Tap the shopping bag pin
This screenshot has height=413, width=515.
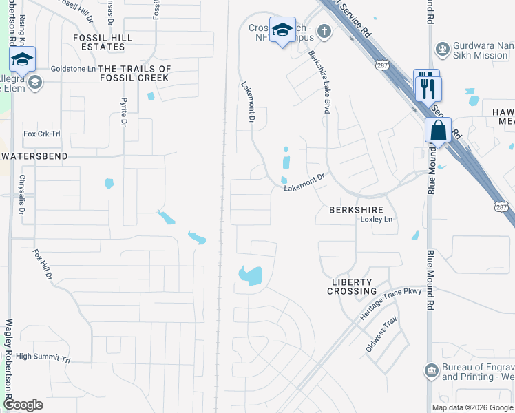438,129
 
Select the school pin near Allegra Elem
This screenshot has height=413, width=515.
22,60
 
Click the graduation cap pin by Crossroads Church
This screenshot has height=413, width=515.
282,30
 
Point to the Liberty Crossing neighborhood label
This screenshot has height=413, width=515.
352,286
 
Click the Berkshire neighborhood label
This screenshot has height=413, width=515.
355,209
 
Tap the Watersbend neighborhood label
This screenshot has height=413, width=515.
34,156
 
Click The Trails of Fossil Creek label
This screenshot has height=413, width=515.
134,74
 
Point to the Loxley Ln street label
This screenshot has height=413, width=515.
377,220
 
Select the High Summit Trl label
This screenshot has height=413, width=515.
43,357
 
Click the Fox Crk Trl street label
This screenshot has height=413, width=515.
42,134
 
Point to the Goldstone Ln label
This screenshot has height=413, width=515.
73,69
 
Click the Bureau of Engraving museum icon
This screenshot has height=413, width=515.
431,372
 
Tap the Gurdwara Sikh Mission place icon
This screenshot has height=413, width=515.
443,50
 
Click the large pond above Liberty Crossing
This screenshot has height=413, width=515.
251,275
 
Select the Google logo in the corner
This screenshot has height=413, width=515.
23,405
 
